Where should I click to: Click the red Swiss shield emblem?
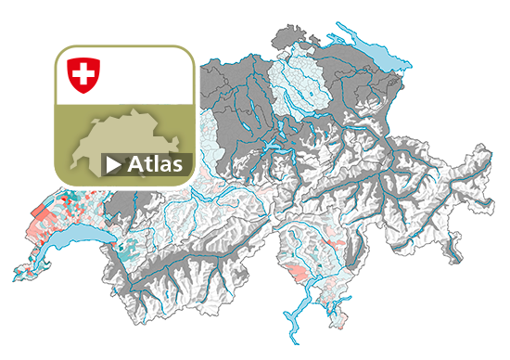[x=83, y=74]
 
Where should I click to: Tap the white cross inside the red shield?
[x=83, y=72]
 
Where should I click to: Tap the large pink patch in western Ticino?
[x=297, y=274]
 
